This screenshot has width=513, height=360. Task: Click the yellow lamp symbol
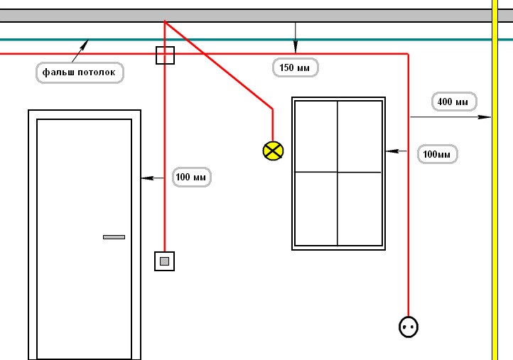pyautogui.click(x=273, y=151)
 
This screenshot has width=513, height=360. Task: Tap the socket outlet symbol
pyautogui.click(x=409, y=327)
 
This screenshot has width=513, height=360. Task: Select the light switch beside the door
pyautogui.click(x=164, y=261)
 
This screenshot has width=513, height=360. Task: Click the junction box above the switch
pyautogui.click(x=165, y=55)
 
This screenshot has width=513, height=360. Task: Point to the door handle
pyautogui.click(x=114, y=236)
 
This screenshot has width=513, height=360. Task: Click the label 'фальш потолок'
pyautogui.click(x=80, y=72)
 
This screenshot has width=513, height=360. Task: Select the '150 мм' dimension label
pyautogui.click(x=296, y=67)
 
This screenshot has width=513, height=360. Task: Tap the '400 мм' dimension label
pyautogui.click(x=453, y=102)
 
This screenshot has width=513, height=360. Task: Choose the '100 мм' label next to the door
pyautogui.click(x=192, y=177)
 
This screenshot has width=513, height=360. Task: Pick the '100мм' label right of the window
pyautogui.click(x=437, y=153)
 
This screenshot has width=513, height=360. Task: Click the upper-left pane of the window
pyautogui.click(x=316, y=136)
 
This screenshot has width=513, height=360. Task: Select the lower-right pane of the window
pyautogui.click(x=360, y=209)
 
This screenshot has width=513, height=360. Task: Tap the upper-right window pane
pyautogui.click(x=360, y=136)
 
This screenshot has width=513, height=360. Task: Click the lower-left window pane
pyautogui.click(x=316, y=209)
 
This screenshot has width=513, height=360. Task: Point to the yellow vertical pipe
pyautogui.click(x=495, y=213)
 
